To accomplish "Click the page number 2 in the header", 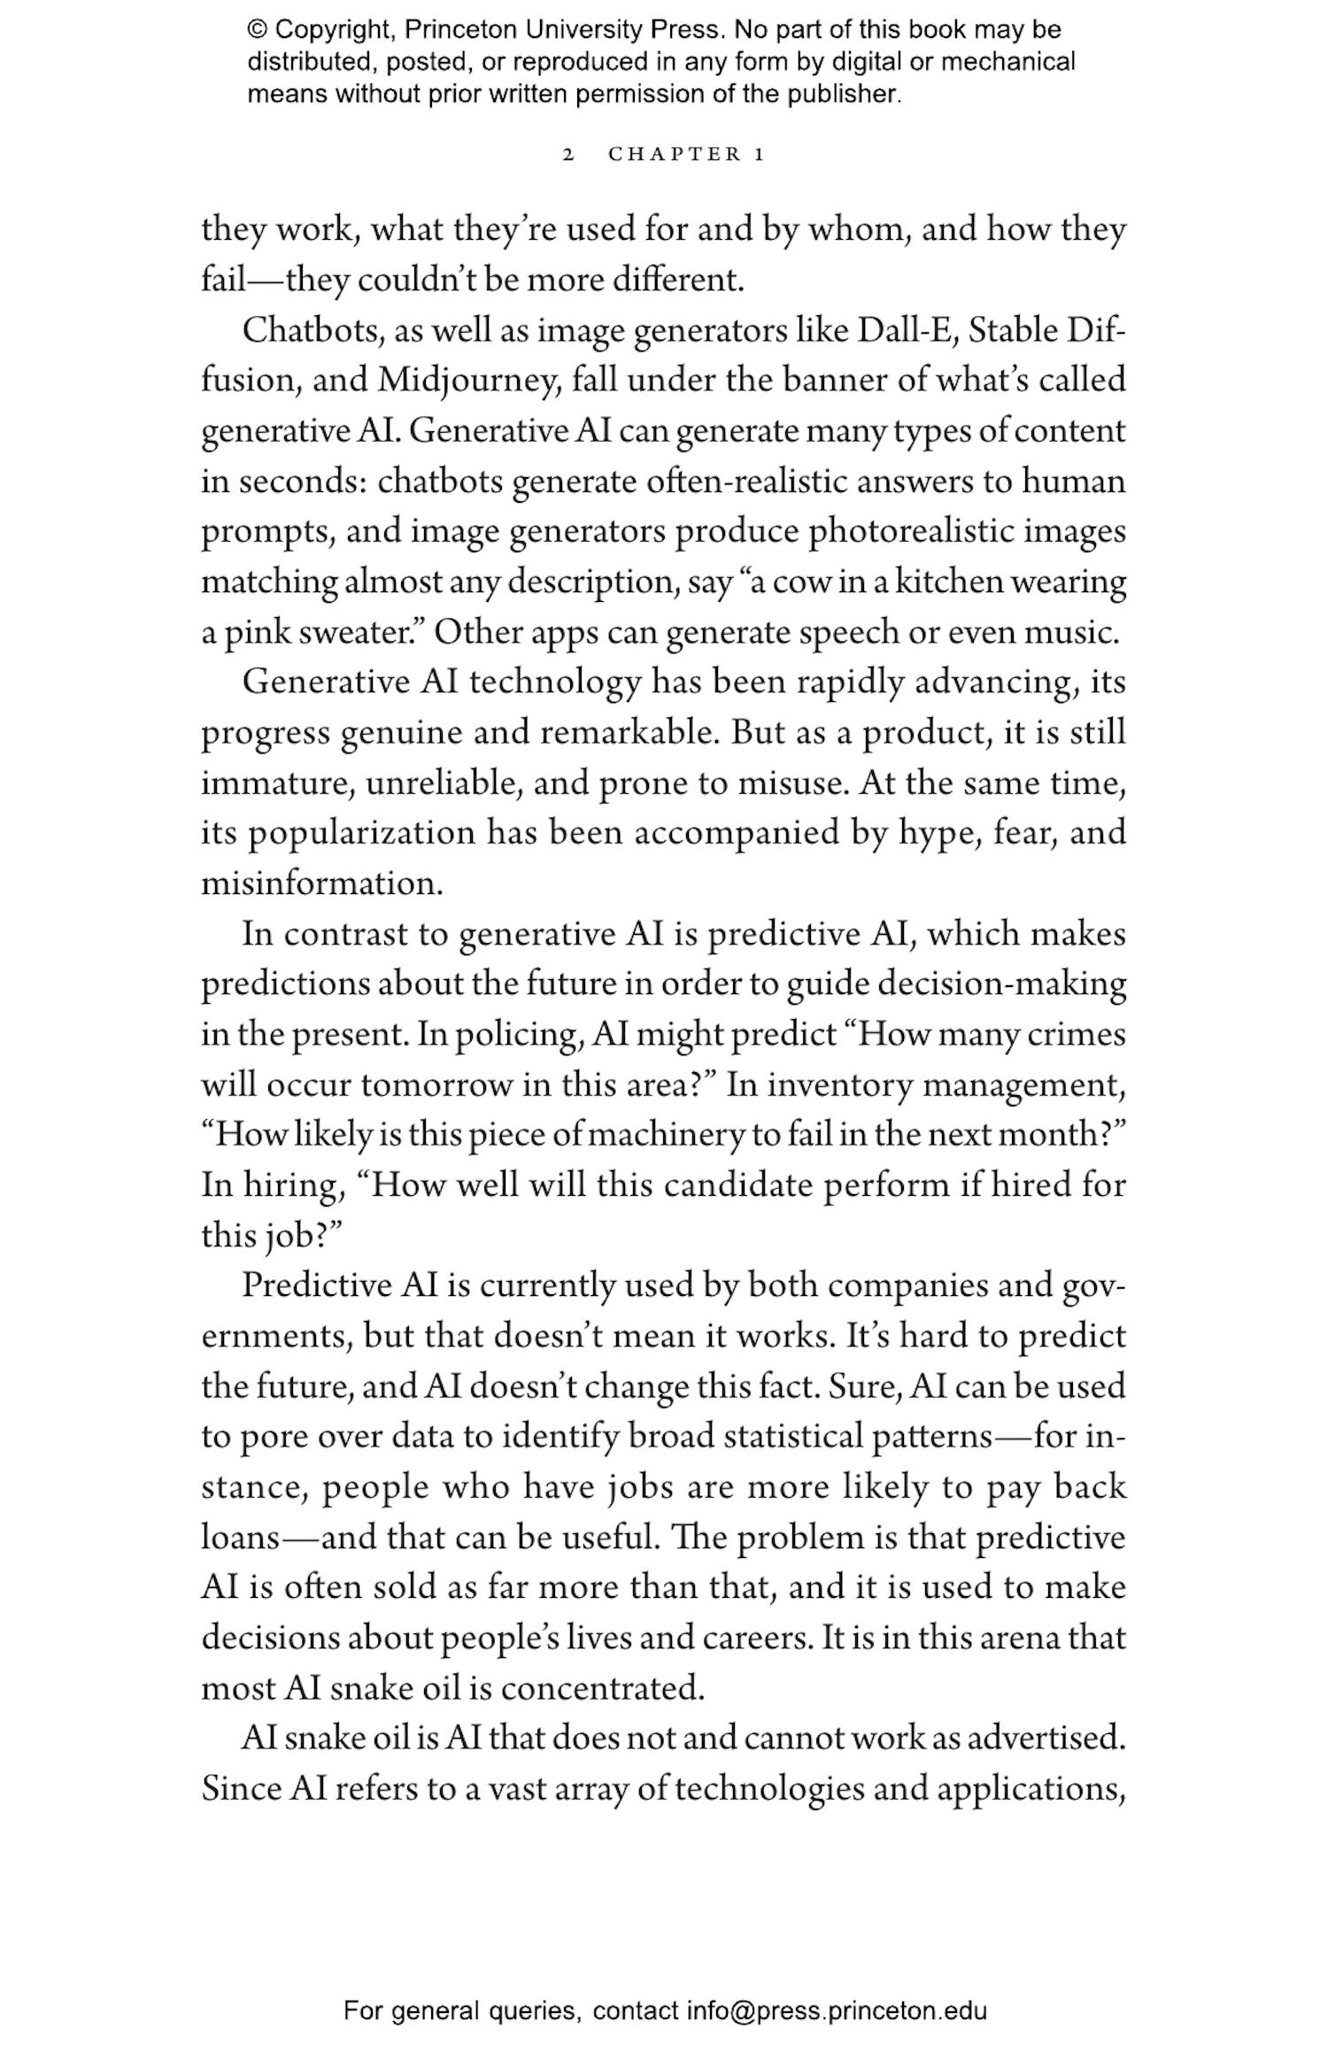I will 568,155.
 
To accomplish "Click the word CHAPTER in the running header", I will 675,155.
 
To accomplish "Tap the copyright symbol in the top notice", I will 257,30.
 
